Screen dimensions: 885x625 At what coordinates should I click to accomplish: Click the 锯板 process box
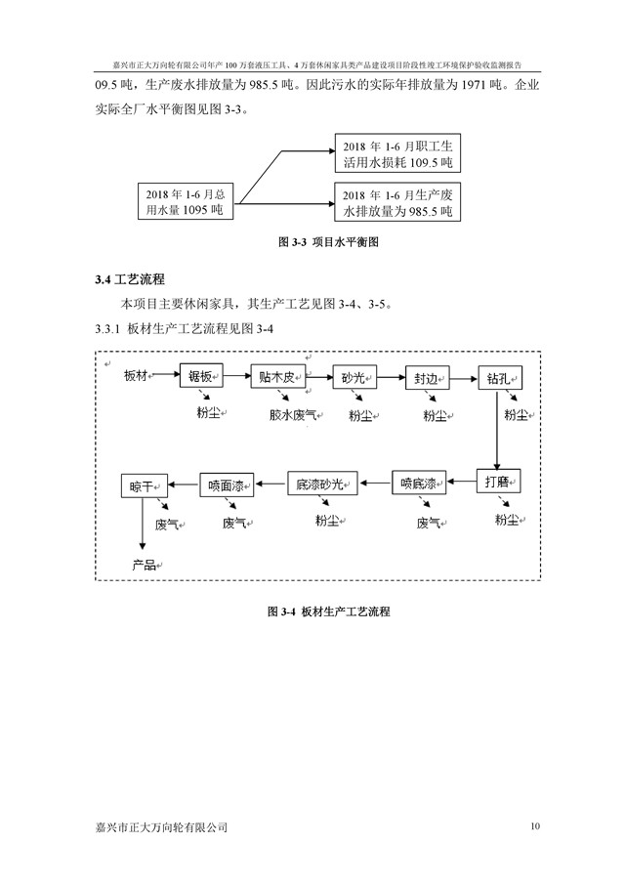click(x=202, y=376)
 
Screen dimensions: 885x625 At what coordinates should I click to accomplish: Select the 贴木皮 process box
click(x=277, y=376)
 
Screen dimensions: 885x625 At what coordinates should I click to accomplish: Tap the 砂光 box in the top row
click(x=354, y=377)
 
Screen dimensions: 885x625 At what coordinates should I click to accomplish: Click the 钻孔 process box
click(x=498, y=377)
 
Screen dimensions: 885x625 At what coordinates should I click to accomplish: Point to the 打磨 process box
click(x=497, y=481)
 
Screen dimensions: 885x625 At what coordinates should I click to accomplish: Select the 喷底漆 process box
click(x=420, y=482)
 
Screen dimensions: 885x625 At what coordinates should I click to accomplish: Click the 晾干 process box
click(x=142, y=485)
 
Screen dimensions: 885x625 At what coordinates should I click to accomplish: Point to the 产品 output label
click(x=144, y=564)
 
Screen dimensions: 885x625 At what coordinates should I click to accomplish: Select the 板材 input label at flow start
click(x=138, y=376)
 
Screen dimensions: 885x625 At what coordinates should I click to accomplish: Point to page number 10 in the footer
click(x=534, y=826)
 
